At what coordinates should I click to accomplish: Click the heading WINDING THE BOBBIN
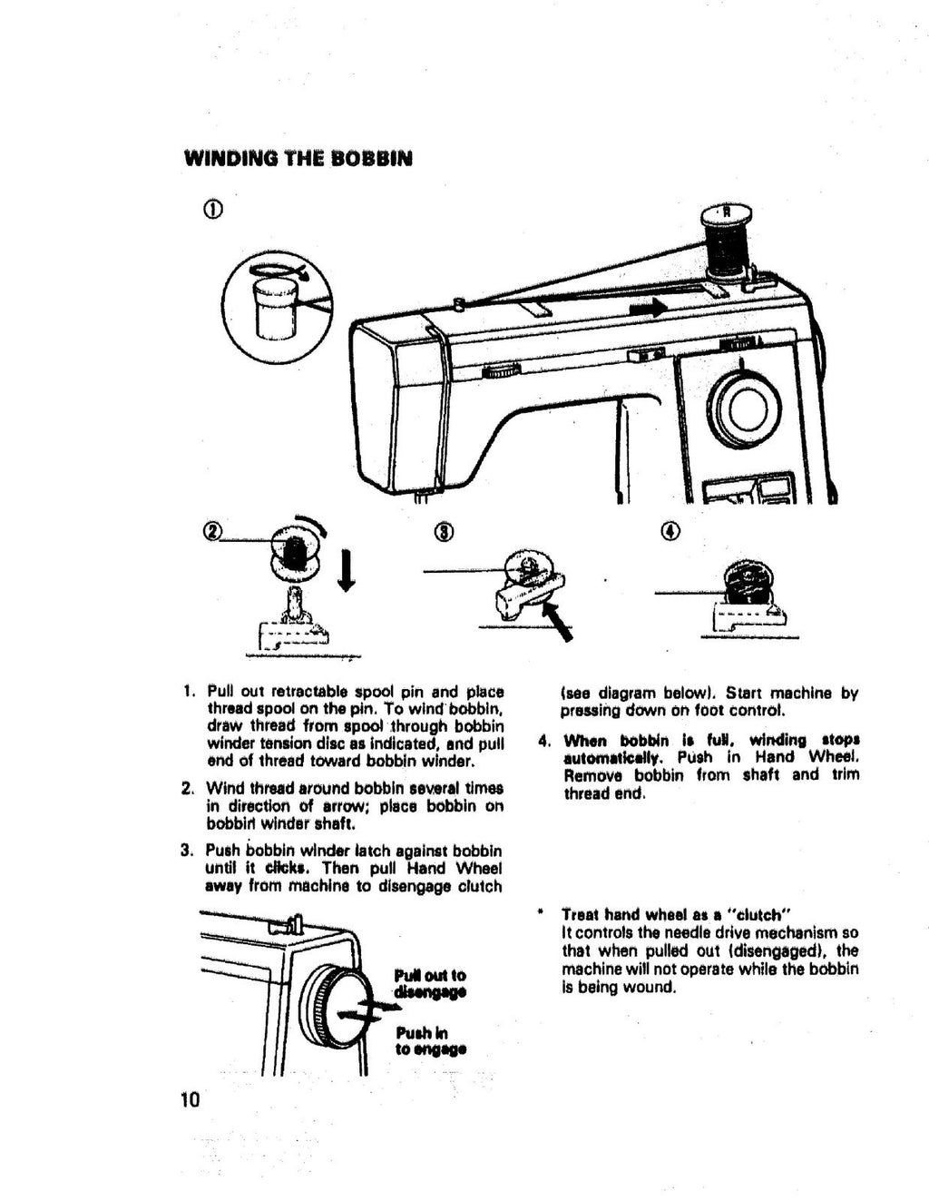298,159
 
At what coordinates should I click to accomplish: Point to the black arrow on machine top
648,309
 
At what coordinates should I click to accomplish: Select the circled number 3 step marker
445,531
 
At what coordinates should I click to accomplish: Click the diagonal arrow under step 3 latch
558,624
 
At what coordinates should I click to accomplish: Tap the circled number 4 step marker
670,531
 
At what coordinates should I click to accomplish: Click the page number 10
190,1100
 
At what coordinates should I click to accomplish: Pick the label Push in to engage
430,1040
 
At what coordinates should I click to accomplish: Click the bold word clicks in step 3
283,867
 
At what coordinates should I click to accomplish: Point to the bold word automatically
613,757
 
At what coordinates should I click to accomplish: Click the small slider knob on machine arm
502,370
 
